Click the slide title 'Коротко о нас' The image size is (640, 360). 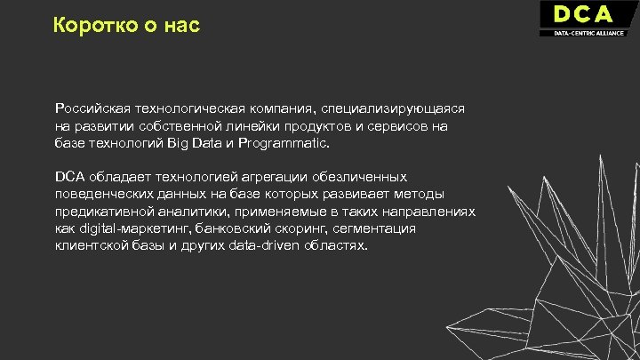click(x=127, y=26)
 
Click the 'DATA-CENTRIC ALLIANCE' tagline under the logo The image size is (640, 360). click(x=588, y=33)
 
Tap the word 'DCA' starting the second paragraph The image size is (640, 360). click(x=70, y=177)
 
